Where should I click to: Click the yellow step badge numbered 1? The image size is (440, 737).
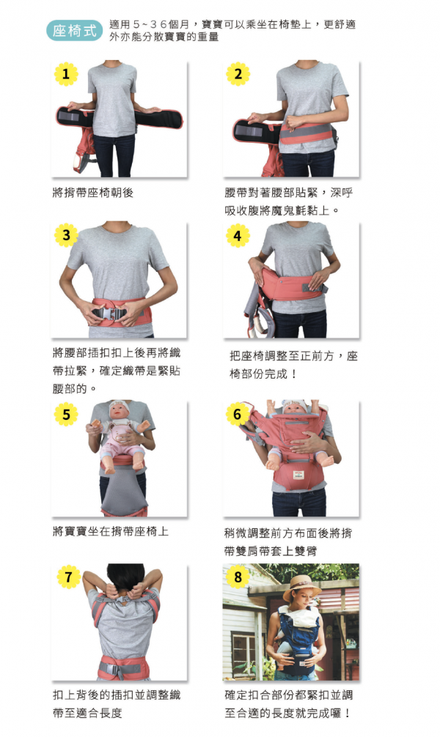point(66,73)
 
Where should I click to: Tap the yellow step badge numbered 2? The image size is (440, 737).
point(238,73)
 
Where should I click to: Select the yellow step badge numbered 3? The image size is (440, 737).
point(66,235)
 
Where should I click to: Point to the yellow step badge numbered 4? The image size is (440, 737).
point(238,235)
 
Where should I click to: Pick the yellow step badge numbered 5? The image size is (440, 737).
point(66,415)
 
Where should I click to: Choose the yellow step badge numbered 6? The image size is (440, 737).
point(238,415)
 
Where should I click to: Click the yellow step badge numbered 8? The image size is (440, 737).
point(238,577)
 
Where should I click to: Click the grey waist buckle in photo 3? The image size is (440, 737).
point(112,314)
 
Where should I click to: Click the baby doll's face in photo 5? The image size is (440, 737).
point(120,412)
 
